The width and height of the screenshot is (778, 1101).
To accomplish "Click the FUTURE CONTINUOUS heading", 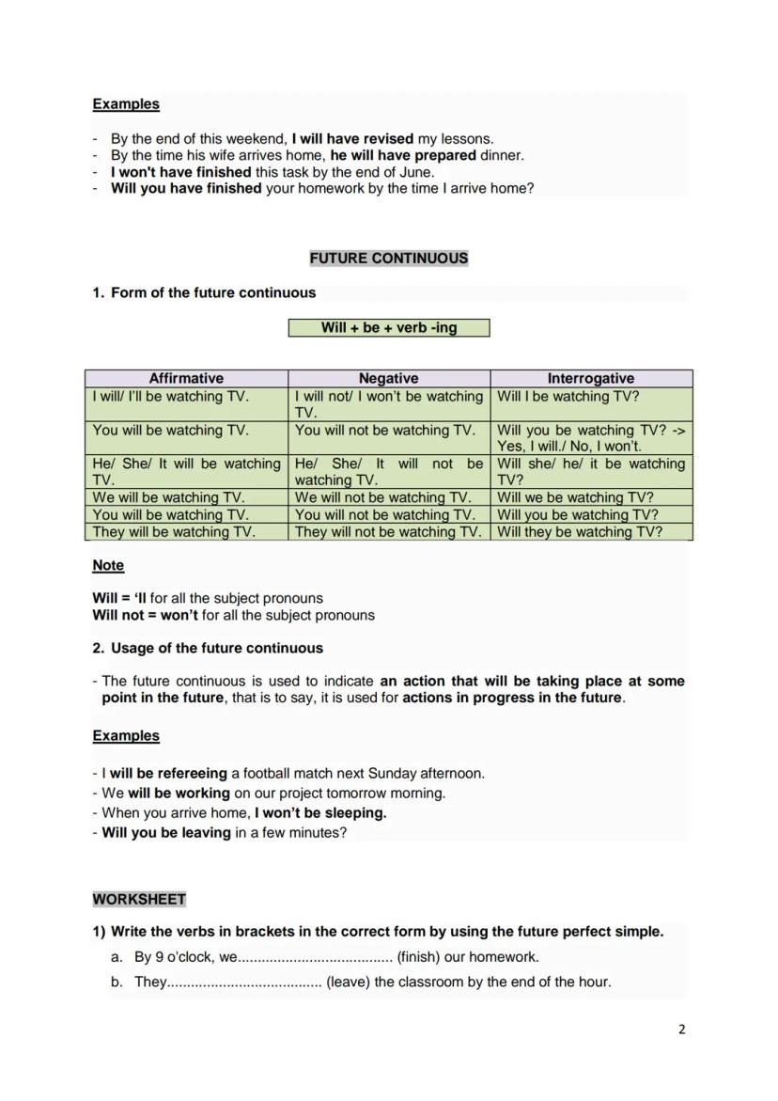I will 388,259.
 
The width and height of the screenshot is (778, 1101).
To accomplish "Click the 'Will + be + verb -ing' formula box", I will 388,328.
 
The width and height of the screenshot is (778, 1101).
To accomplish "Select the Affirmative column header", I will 186,378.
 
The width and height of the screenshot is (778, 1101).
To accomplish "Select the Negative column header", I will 388,378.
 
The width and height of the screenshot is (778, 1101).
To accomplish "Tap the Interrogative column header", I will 590,378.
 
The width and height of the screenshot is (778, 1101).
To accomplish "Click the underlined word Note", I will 108,566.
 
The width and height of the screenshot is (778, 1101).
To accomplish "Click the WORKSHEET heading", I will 139,900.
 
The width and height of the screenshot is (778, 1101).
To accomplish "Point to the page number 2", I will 682,1030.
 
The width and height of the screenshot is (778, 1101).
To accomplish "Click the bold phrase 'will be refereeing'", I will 168,774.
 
